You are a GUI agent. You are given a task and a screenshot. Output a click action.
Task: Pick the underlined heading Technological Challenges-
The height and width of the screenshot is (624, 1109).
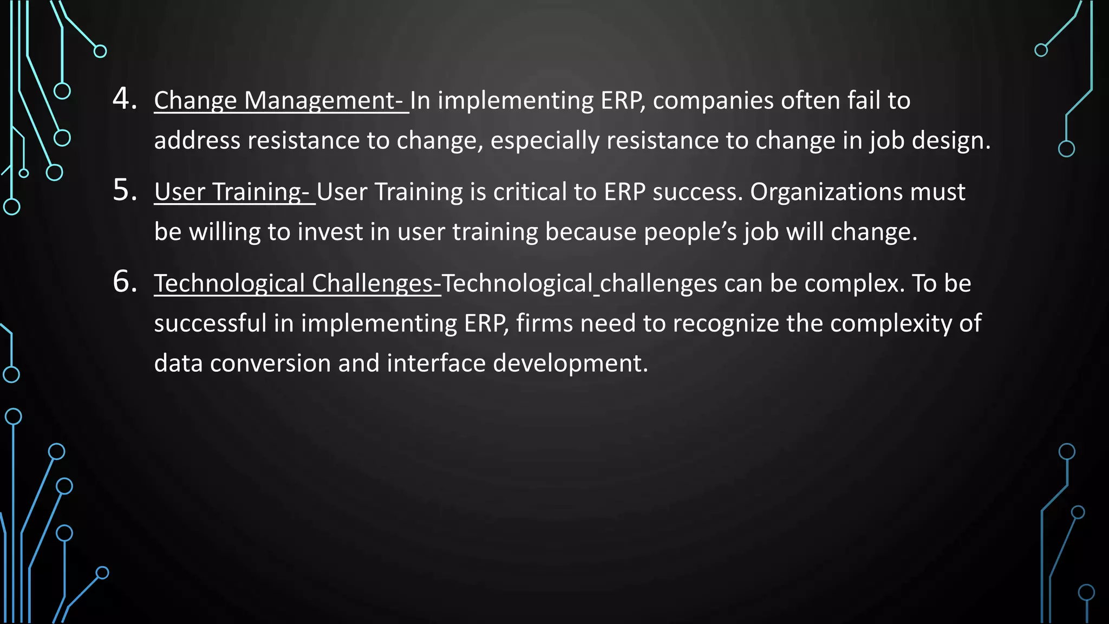click(297, 283)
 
